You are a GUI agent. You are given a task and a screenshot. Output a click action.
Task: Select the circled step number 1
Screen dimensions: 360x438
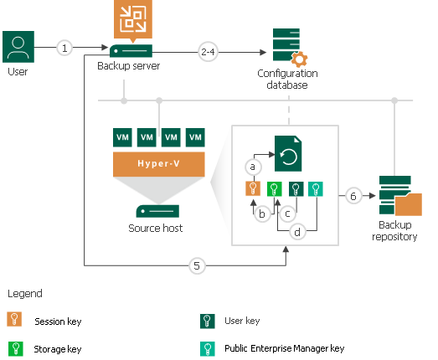pyautogui.click(x=66, y=48)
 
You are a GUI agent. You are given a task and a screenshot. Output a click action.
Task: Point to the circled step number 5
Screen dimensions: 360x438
pyautogui.click(x=197, y=265)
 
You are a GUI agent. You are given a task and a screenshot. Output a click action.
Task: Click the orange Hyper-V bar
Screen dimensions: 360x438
pyautogui.click(x=159, y=165)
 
